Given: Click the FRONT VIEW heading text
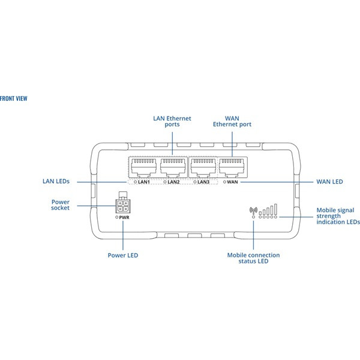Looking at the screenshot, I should tap(14, 98).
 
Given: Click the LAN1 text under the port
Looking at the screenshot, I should tap(144, 182).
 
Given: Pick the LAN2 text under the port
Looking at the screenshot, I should tap(173, 182).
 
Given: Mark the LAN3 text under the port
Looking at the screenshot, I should tap(203, 182).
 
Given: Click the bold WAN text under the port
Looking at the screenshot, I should tap(234, 182).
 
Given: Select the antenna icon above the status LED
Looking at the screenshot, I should tap(253, 211).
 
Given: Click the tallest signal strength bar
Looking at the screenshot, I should tap(276, 209).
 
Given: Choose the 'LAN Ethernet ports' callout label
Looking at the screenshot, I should tap(172, 121).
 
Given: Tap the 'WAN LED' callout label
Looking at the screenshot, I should tap(329, 181).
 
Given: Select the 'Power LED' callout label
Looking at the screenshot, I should tap(123, 255).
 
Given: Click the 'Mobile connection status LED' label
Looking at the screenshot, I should tap(253, 258).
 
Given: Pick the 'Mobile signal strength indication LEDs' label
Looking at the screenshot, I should tap(338, 216).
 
